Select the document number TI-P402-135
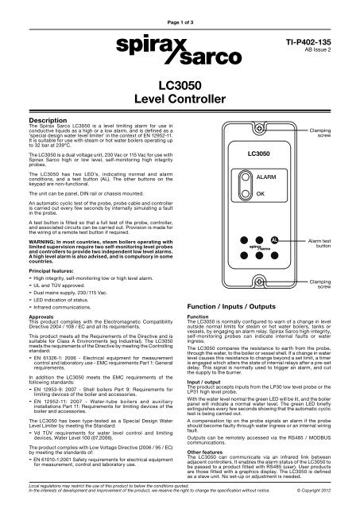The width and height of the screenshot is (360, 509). [318, 37]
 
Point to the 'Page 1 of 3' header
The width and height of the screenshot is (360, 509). [179, 8]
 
